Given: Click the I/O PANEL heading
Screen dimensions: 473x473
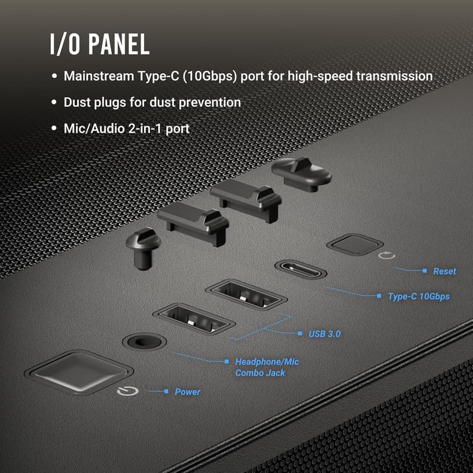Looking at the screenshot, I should (99, 44).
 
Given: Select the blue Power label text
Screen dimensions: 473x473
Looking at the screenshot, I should (187, 392).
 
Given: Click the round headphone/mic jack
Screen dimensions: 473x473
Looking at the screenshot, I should (144, 342).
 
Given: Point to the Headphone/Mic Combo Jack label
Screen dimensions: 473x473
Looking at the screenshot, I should (267, 367).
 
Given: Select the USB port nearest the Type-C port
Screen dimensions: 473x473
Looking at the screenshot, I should (246, 293).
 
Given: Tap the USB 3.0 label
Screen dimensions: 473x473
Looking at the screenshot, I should (324, 333).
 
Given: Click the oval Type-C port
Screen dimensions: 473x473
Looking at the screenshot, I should (300, 269).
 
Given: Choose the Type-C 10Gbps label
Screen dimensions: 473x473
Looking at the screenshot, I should (418, 296).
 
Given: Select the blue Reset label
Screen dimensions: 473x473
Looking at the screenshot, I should (444, 271).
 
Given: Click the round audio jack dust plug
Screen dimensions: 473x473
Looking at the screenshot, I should (143, 247).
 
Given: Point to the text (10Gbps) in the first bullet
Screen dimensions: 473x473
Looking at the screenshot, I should (210, 76).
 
